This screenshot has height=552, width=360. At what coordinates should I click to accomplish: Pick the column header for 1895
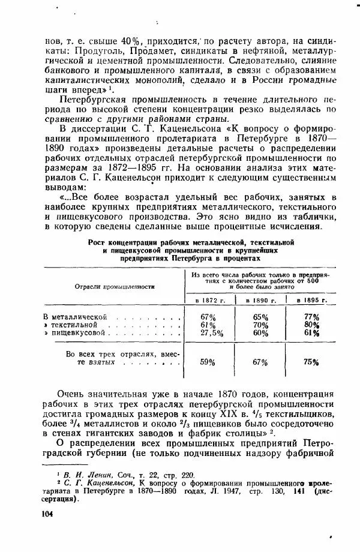coord(311,299)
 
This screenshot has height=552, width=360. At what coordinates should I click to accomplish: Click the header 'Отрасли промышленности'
coord(112,286)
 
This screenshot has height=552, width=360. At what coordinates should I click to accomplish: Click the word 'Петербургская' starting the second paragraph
coord(97,98)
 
